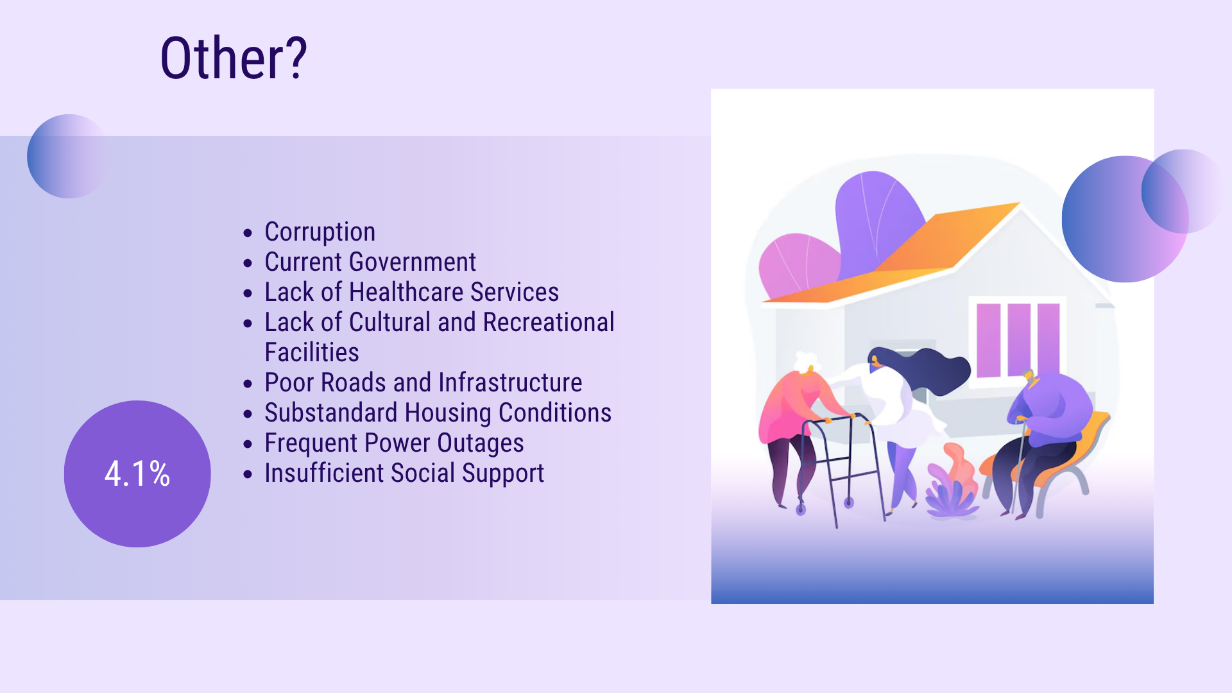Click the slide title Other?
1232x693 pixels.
(x=234, y=58)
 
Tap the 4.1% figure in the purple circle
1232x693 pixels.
(x=137, y=474)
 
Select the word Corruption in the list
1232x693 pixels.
(x=320, y=232)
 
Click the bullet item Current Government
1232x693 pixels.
(x=370, y=262)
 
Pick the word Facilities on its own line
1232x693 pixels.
(x=312, y=352)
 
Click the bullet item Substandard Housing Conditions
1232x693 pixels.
(x=438, y=413)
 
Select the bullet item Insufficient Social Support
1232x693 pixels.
(x=404, y=474)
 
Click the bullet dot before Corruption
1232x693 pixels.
(x=248, y=233)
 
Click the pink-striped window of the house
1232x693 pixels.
(x=1018, y=340)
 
